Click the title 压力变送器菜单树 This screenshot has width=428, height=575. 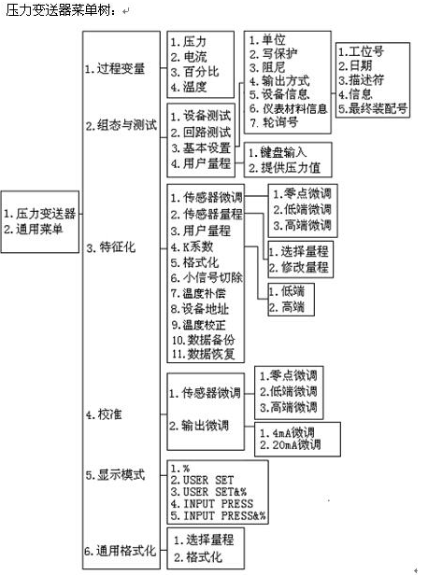click(58, 10)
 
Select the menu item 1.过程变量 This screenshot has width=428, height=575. click(115, 68)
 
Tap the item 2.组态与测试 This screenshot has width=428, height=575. click(121, 125)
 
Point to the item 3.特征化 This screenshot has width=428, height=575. click(111, 247)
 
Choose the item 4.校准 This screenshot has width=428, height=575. click(104, 414)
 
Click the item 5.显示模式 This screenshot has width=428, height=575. click(115, 475)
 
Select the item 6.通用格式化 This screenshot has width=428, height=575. click(121, 551)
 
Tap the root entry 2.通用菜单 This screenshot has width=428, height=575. click(34, 230)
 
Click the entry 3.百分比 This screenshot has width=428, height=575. click(194, 72)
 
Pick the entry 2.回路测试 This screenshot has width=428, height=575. click(200, 132)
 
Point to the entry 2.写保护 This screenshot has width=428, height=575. click(274, 53)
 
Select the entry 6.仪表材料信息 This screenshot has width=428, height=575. click(289, 108)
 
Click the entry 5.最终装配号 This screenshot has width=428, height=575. click(373, 108)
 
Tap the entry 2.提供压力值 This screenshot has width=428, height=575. click(284, 168)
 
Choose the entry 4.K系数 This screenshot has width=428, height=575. click(192, 246)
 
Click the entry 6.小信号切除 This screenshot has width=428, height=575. click(207, 277)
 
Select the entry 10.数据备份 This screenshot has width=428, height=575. click(204, 340)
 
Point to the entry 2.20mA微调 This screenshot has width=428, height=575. click(290, 445)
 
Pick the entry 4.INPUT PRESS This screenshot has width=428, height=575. click(212, 504)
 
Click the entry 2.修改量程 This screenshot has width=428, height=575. click(298, 267)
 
